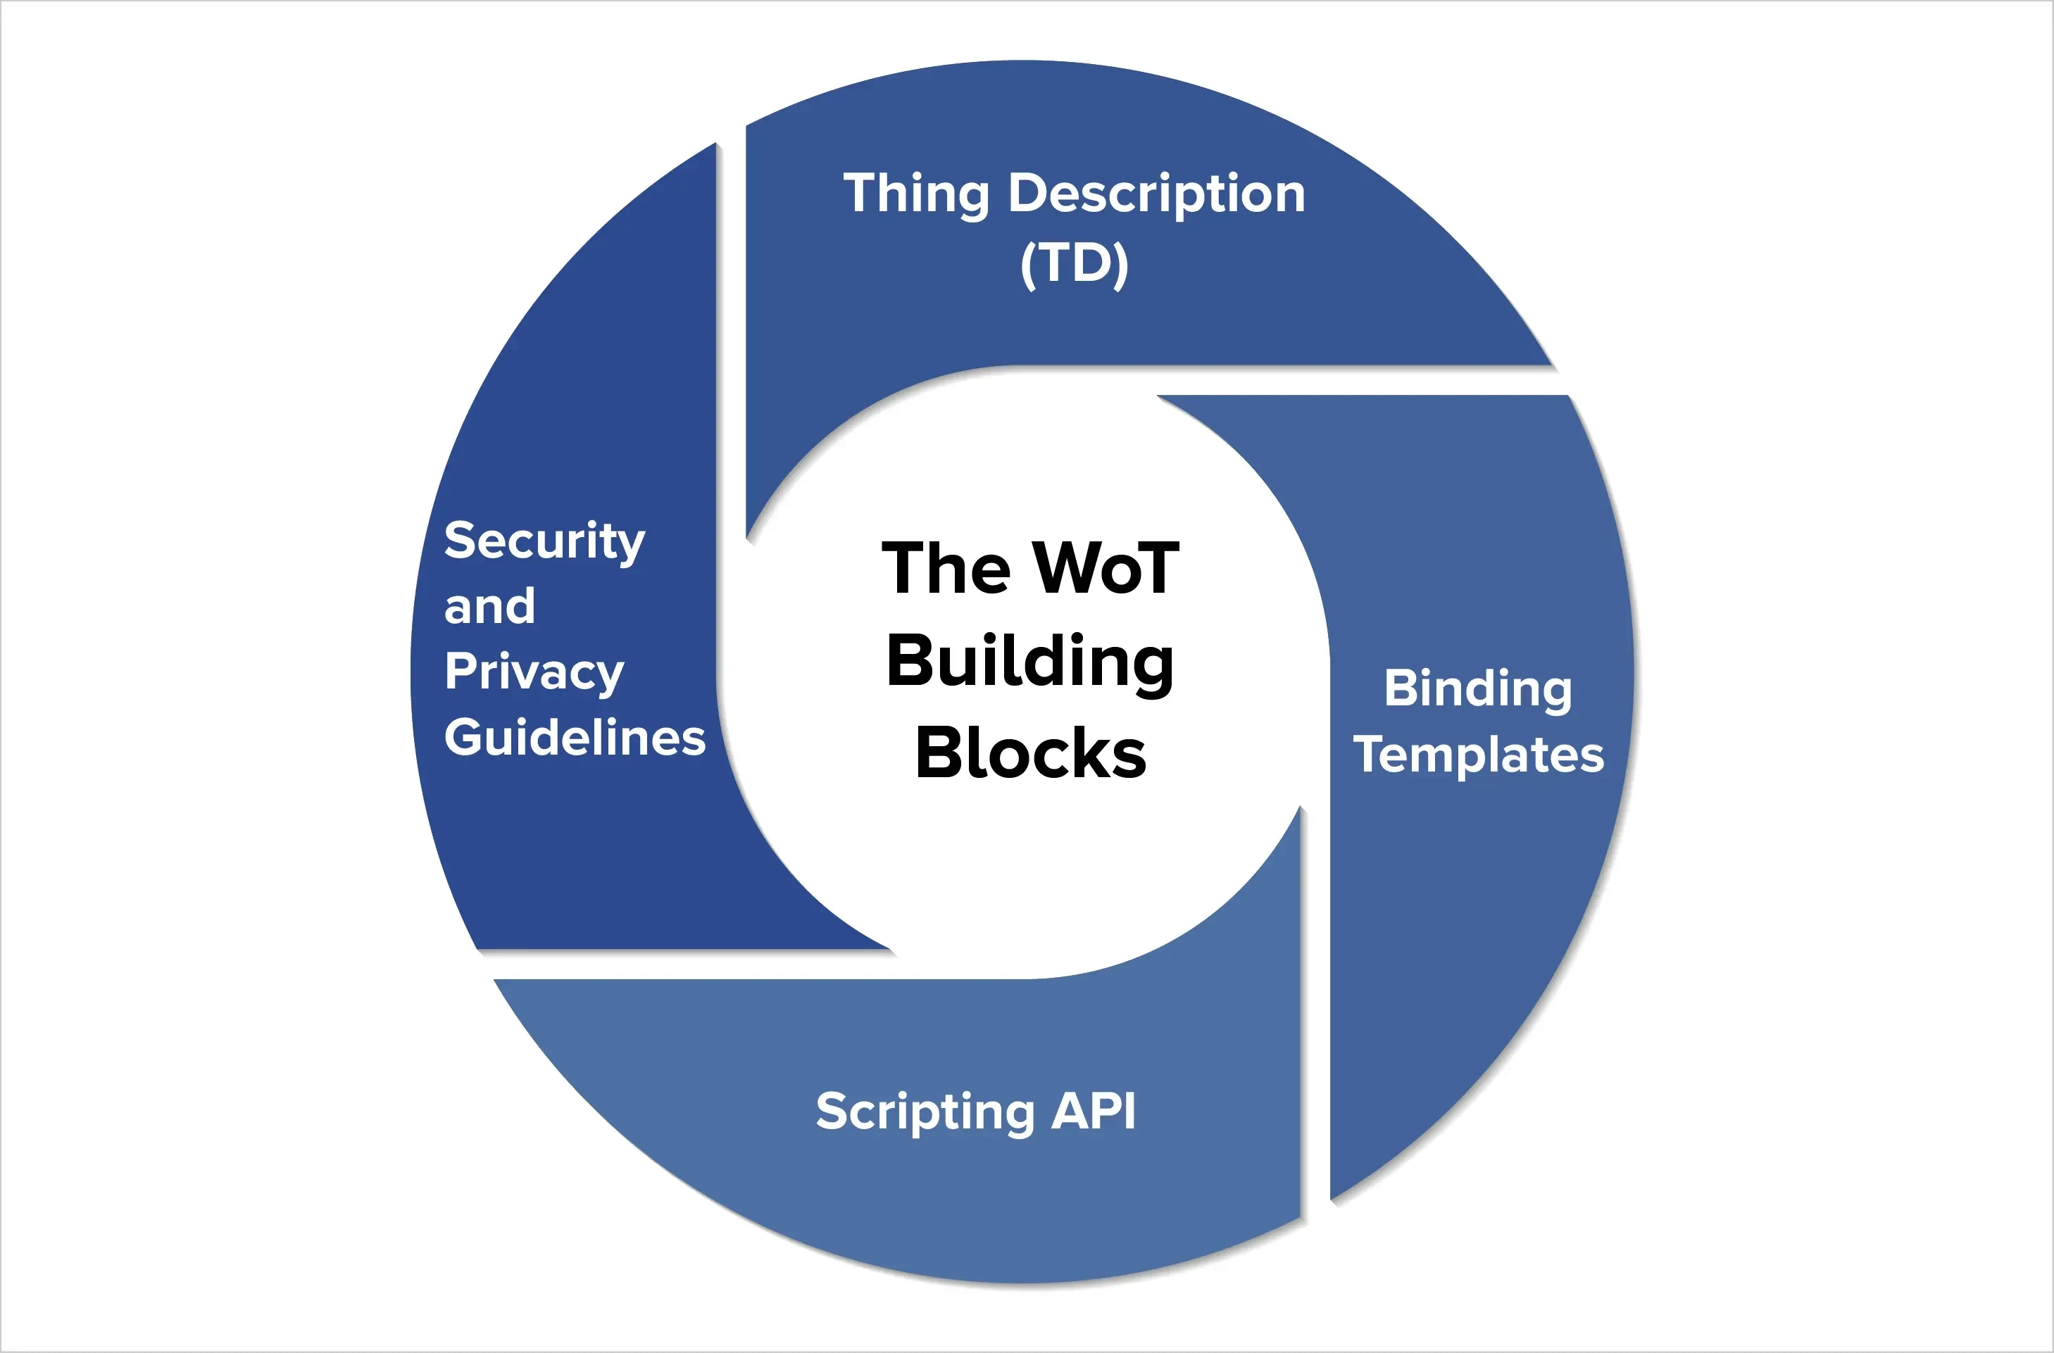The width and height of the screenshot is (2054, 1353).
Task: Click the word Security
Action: pos(544,542)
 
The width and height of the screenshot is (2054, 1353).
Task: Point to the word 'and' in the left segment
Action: pos(489,607)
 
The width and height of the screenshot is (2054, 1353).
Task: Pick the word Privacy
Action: pos(534,672)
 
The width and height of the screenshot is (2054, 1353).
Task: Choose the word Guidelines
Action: pos(575,738)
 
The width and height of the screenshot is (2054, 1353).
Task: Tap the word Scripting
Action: pos(925,1112)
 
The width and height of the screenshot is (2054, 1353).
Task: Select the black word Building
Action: pos(1029,662)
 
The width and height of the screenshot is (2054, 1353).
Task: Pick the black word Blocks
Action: pos(1030,753)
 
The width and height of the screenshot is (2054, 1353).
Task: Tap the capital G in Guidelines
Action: pos(463,738)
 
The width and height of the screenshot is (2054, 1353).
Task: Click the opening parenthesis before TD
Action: pos(1028,265)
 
